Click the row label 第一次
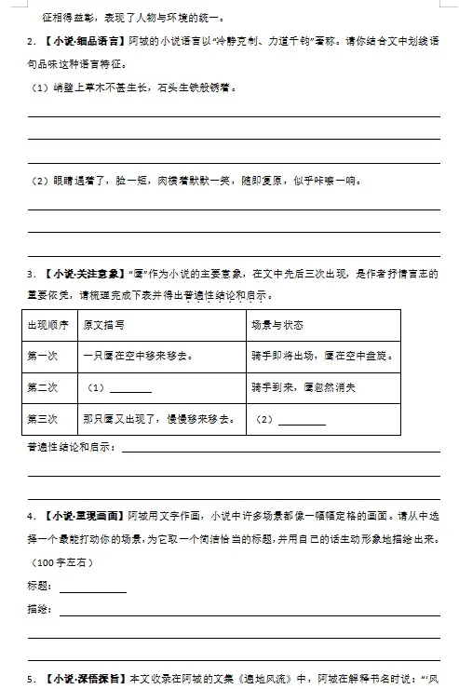pyautogui.click(x=44, y=356)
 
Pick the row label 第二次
pyautogui.click(x=44, y=387)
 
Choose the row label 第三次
pyautogui.click(x=44, y=418)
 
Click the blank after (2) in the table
pyautogui.click(x=302, y=421)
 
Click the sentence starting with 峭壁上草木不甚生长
pyautogui.click(x=130, y=88)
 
